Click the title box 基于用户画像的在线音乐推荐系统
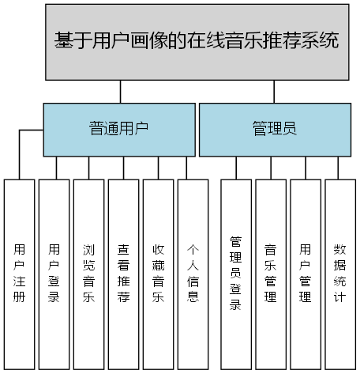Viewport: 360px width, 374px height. pos(197,41)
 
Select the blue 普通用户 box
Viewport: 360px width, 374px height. pos(118,128)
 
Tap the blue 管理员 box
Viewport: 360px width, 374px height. pos(274,128)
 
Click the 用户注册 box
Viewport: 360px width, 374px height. pos(20,274)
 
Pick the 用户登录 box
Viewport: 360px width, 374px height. pos(54,274)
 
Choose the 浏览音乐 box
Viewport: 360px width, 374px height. pos(88,274)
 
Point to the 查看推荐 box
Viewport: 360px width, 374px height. pos(123,274)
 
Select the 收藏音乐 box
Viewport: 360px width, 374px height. pos(158,274)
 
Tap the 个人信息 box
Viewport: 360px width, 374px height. pos(193,274)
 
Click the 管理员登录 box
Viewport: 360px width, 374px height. pos(235,274)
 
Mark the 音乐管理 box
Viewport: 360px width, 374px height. pos(270,274)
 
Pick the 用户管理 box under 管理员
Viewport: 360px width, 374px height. pos(306,274)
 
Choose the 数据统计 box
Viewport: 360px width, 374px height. pos(340,274)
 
